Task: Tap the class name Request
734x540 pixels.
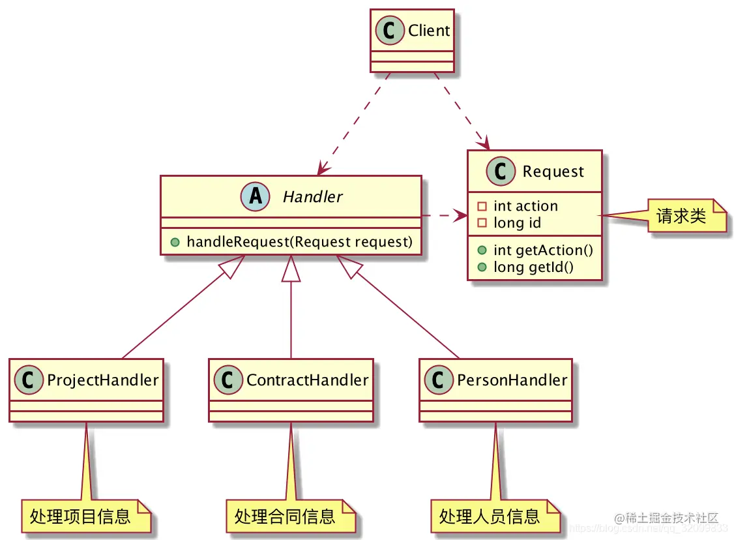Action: pyautogui.click(x=553, y=172)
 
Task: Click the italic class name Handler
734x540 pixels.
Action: pyautogui.click(x=312, y=196)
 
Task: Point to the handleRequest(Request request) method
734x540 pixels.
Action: pyautogui.click(x=299, y=242)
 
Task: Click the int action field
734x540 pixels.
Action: pyautogui.click(x=525, y=206)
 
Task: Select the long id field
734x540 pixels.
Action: pyautogui.click(x=517, y=223)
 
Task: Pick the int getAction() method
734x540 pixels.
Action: pyautogui.click(x=543, y=250)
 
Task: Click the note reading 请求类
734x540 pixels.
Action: pyautogui.click(x=682, y=217)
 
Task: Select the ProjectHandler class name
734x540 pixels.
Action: pyautogui.click(x=103, y=380)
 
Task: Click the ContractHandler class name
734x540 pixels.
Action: pyautogui.click(x=307, y=380)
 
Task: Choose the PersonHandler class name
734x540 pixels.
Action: pyautogui.click(x=512, y=380)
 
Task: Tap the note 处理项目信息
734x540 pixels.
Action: pyautogui.click(x=81, y=517)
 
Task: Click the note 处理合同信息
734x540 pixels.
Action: pyautogui.click(x=285, y=517)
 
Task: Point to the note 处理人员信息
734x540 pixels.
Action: pyautogui.click(x=490, y=517)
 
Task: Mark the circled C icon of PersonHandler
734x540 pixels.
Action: pyautogui.click(x=436, y=380)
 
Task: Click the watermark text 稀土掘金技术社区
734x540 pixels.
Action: pyautogui.click(x=671, y=518)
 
